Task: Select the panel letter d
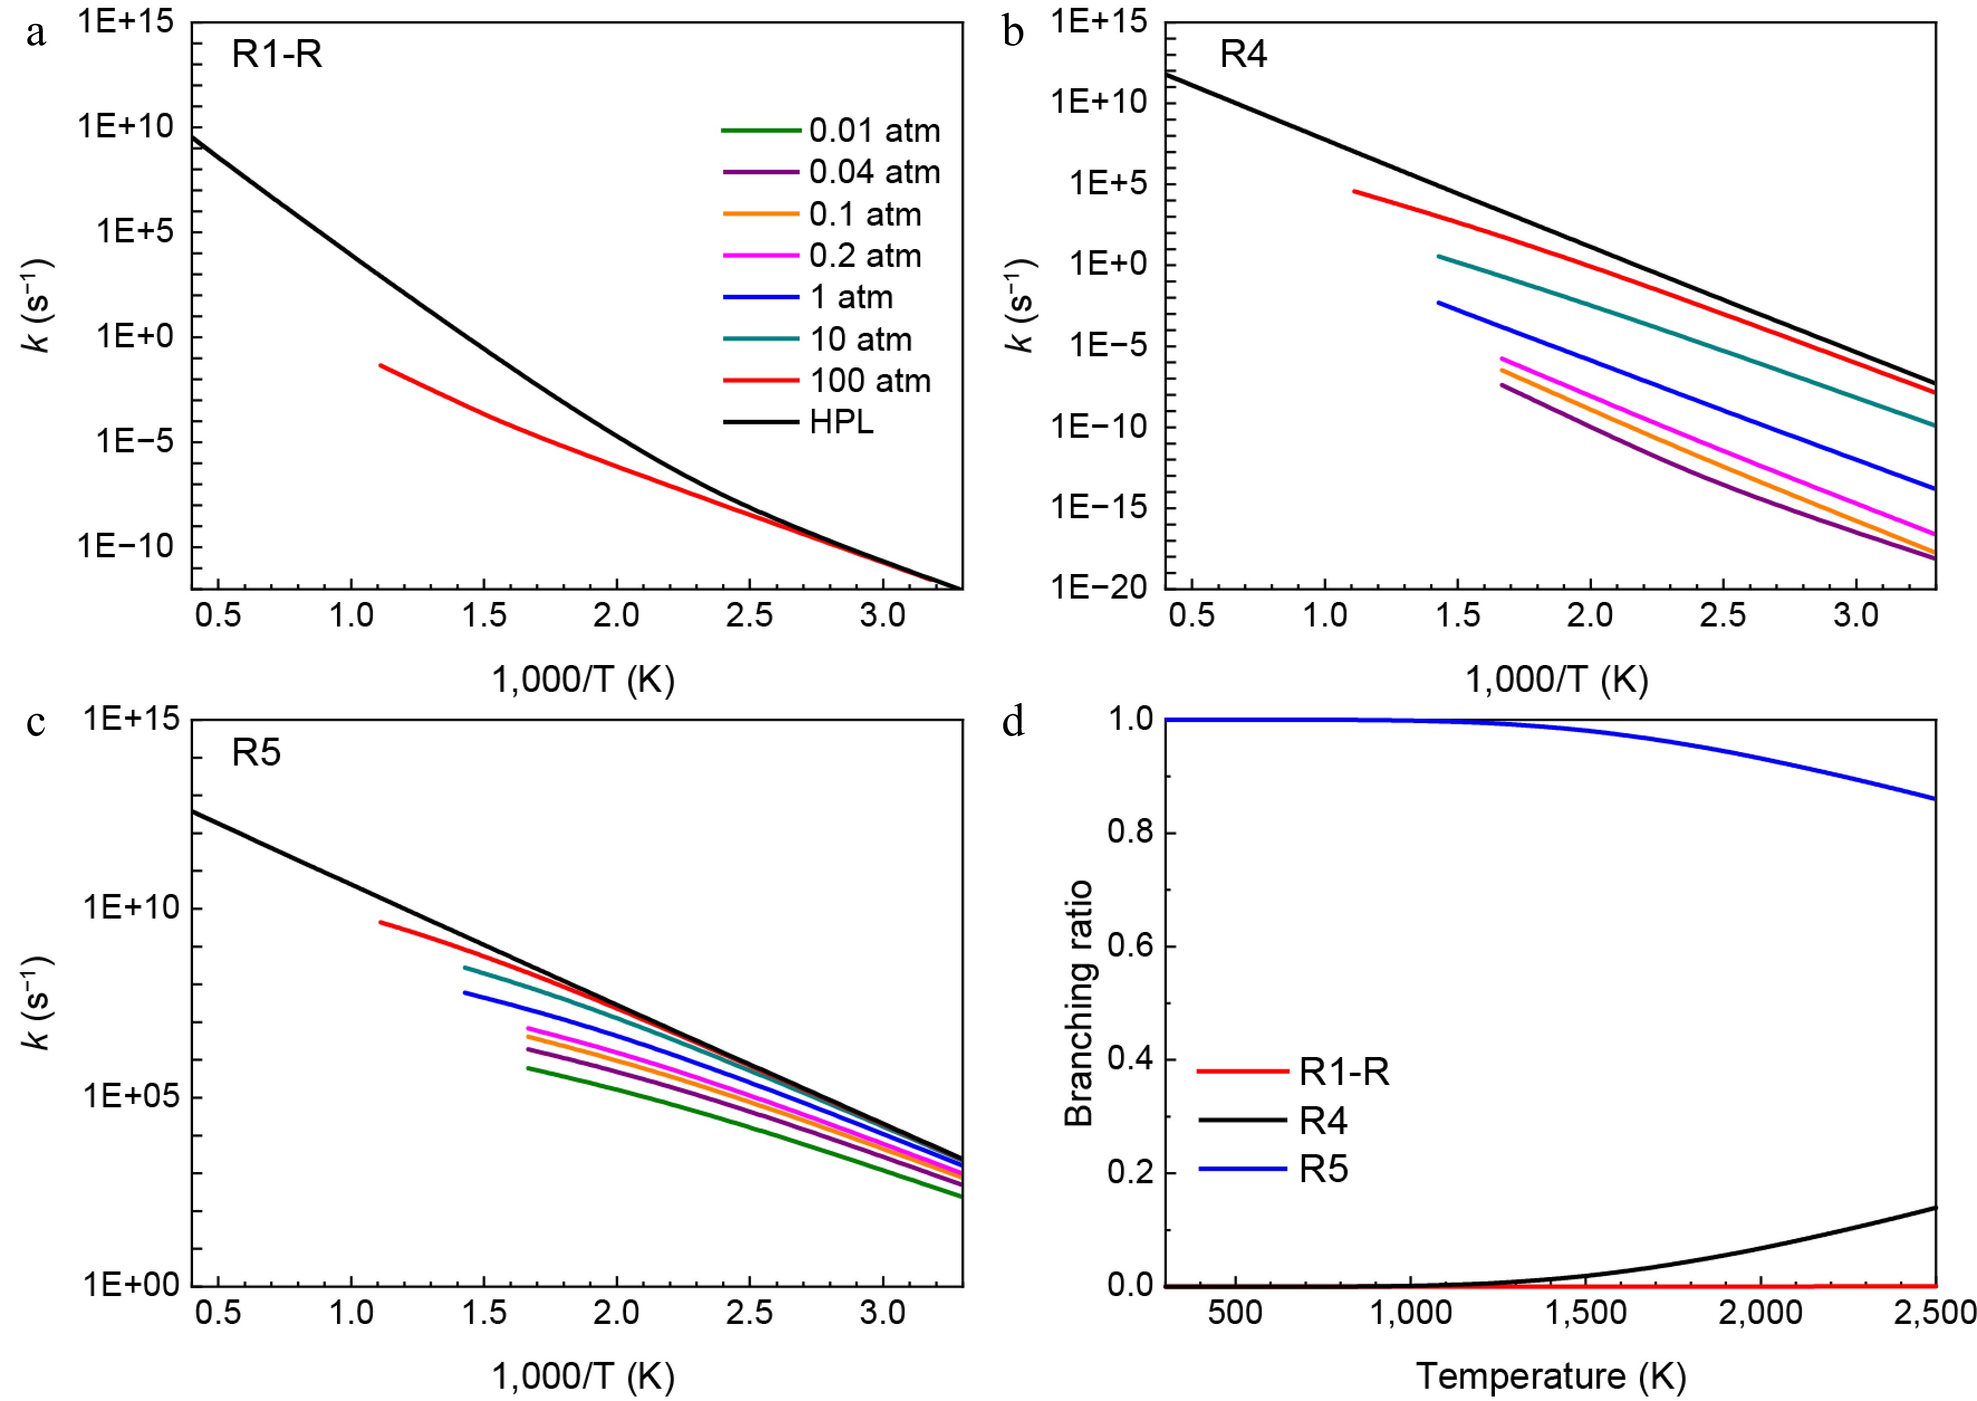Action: (1013, 721)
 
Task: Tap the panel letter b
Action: (1013, 33)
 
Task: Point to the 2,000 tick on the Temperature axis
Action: (1760, 1313)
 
